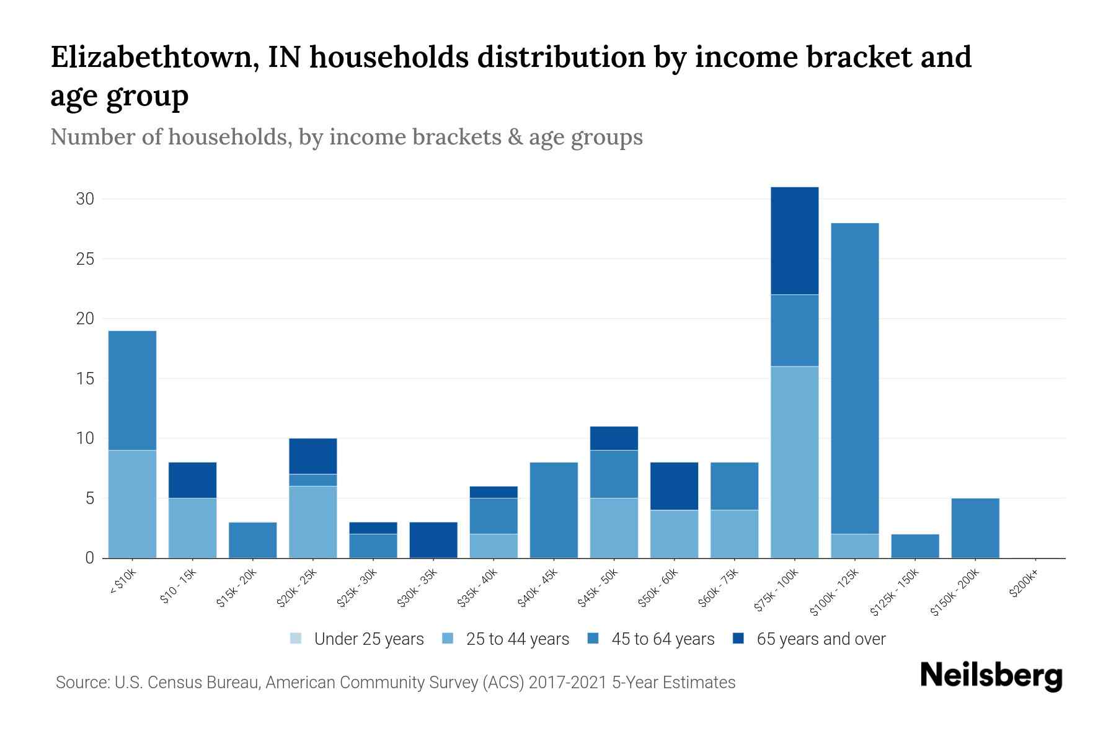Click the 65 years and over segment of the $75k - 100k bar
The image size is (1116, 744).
click(794, 241)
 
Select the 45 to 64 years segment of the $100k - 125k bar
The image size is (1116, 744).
click(854, 378)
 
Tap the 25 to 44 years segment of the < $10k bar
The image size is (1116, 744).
click(132, 504)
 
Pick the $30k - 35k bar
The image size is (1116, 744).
click(433, 540)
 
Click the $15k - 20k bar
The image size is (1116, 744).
click(252, 540)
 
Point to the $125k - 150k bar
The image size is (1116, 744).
click(914, 546)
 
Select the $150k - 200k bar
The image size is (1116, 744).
click(975, 528)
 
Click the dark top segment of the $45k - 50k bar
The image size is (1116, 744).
click(614, 438)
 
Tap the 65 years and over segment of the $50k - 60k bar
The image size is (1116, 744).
click(674, 486)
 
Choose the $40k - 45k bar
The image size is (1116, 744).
click(554, 510)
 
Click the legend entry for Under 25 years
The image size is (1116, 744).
click(356, 639)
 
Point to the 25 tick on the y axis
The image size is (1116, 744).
click(85, 259)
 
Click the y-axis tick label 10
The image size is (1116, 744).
click(85, 439)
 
